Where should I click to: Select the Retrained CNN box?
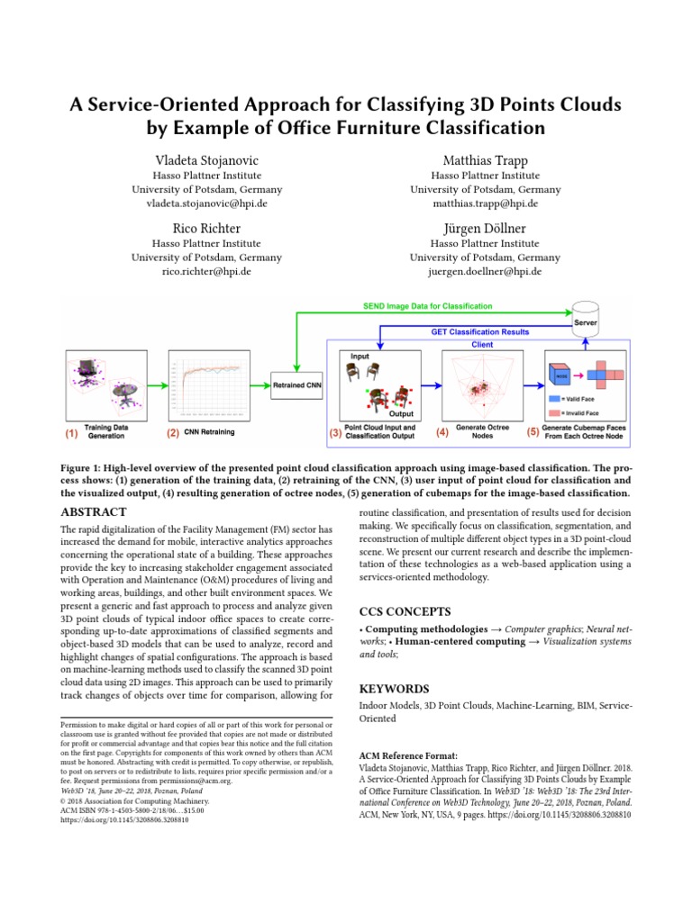pyautogui.click(x=296, y=386)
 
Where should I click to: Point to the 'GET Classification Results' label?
pyautogui.click(x=479, y=331)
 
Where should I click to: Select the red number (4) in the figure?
pyautogui.click(x=442, y=433)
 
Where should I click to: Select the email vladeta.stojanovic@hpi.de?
pyautogui.click(x=206, y=204)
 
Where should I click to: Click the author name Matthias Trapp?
pyautogui.click(x=485, y=159)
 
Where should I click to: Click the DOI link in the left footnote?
pyautogui.click(x=124, y=820)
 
